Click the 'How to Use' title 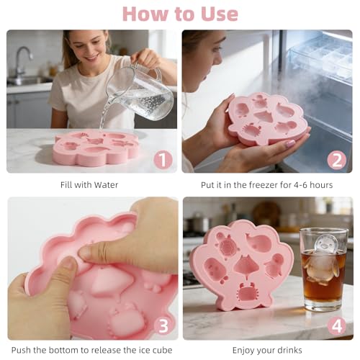pyautogui.click(x=180, y=14)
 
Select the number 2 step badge pyautogui.click(x=337, y=160)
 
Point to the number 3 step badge pyautogui.click(x=163, y=325)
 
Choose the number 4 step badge pyautogui.click(x=337, y=325)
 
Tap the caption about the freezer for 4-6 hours pyautogui.click(x=267, y=184)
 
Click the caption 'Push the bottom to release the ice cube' pyautogui.click(x=92, y=351)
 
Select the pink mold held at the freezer pyautogui.click(x=266, y=119)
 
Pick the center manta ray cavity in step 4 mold pyautogui.click(x=246, y=267)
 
